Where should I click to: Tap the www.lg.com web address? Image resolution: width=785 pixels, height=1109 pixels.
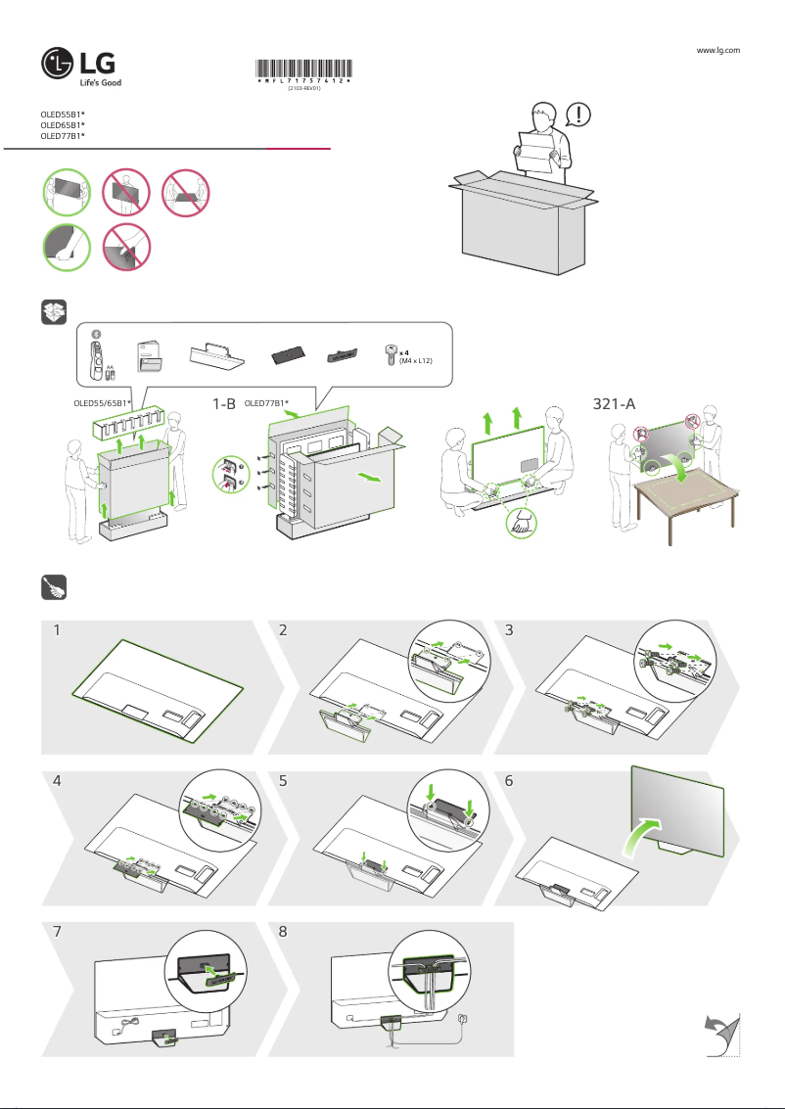click(717, 49)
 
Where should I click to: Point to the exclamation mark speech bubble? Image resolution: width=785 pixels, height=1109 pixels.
click(584, 116)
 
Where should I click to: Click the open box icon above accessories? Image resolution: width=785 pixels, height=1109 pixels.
click(53, 311)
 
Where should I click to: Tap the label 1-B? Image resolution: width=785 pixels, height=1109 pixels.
click(225, 402)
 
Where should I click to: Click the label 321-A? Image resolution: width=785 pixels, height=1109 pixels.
click(616, 403)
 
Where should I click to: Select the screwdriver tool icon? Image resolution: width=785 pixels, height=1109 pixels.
click(53, 587)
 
